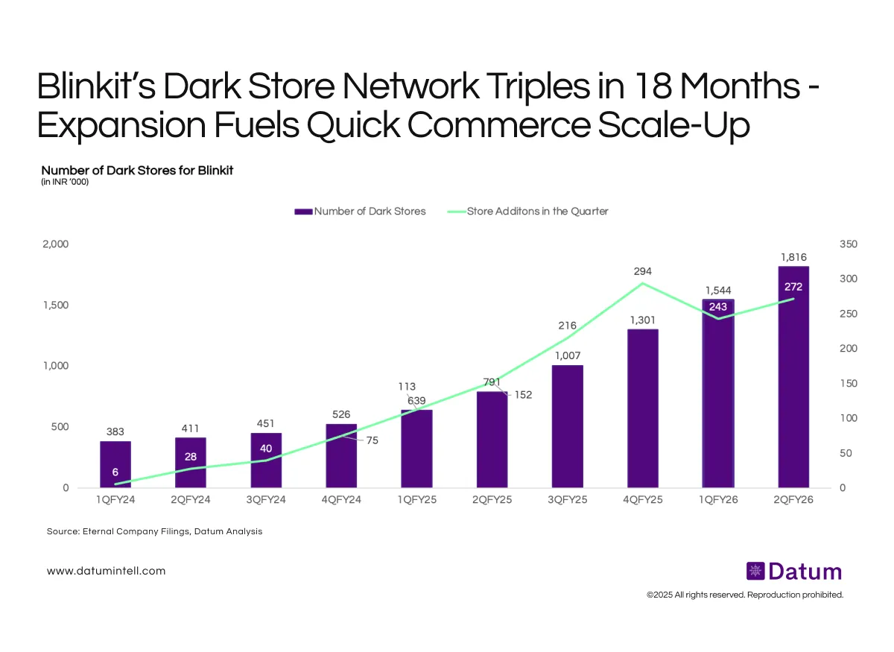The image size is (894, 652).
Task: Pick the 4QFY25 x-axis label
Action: pos(643,500)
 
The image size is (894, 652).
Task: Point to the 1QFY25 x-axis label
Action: pos(417,500)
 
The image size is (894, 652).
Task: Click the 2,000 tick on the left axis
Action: pos(54,244)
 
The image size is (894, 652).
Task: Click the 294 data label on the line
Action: pos(642,271)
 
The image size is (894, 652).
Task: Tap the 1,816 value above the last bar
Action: pos(793,257)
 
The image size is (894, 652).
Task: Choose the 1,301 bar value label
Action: pos(642,320)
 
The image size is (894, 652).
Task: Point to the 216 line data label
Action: pos(568,325)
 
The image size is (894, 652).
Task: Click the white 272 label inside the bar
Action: pos(793,287)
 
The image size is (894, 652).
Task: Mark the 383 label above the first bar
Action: pos(115,431)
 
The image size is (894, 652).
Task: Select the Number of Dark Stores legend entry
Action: pos(361,212)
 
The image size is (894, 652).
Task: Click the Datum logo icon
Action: pos(755,572)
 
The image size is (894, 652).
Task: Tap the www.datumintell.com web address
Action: pos(106,571)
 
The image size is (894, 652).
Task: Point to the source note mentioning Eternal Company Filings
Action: pos(154,532)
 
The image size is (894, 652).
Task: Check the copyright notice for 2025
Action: pos(745,595)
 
